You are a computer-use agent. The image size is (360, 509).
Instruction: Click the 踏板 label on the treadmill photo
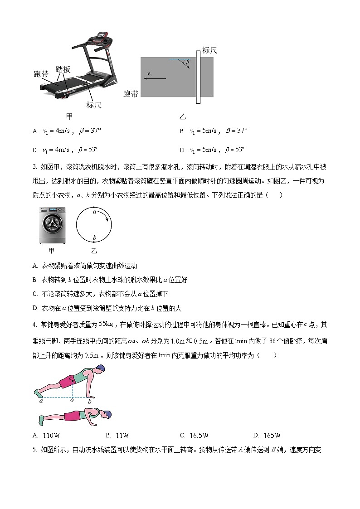[63, 69]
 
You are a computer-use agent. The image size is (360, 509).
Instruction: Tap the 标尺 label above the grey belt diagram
[209, 50]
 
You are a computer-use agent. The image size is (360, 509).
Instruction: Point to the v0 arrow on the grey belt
[156, 78]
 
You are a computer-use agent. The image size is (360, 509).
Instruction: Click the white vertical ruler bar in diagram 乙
[198, 77]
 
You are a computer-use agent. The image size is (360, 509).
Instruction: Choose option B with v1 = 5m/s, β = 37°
[214, 131]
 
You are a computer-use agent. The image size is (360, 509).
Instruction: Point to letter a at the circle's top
[94, 212]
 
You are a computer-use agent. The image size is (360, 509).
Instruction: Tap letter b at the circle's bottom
[94, 238]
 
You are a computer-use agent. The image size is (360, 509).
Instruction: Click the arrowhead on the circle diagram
[107, 219]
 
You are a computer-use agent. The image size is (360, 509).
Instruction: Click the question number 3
[35, 167]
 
